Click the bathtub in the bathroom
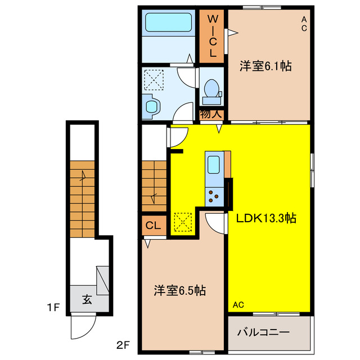tap(169, 22)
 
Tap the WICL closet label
tap(213, 36)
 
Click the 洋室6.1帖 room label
tap(265, 66)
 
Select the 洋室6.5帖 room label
tap(180, 290)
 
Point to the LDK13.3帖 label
tap(266, 218)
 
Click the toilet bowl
tap(211, 88)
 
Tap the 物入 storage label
tap(211, 114)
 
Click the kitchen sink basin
tap(214, 165)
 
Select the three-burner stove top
tap(214, 197)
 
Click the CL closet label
tap(153, 226)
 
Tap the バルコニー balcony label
tap(263, 332)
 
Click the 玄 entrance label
tap(87, 299)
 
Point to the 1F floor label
tap(53, 308)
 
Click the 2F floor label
tap(123, 345)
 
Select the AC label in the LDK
tap(238, 305)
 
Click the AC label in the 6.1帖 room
tap(304, 24)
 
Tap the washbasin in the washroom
tap(151, 107)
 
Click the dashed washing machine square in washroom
tap(154, 80)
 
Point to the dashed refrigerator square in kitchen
tap(183, 222)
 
